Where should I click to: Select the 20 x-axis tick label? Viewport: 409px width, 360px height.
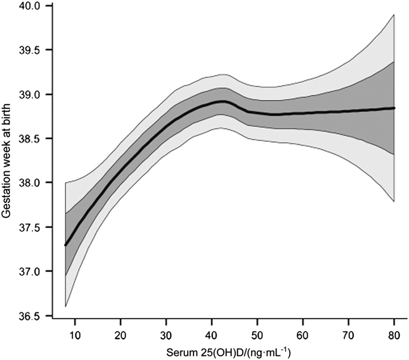[120, 334]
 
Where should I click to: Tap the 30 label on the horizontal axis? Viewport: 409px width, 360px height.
[166, 334]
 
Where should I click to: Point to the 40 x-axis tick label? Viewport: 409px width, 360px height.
[212, 334]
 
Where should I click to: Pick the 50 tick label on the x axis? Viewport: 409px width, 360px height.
[257, 334]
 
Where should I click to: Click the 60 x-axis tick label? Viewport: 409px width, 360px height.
[303, 334]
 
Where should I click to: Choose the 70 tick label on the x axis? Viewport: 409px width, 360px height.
[348, 334]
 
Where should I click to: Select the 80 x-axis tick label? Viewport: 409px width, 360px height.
[394, 334]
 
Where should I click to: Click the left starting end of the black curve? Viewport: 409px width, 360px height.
[66, 245]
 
